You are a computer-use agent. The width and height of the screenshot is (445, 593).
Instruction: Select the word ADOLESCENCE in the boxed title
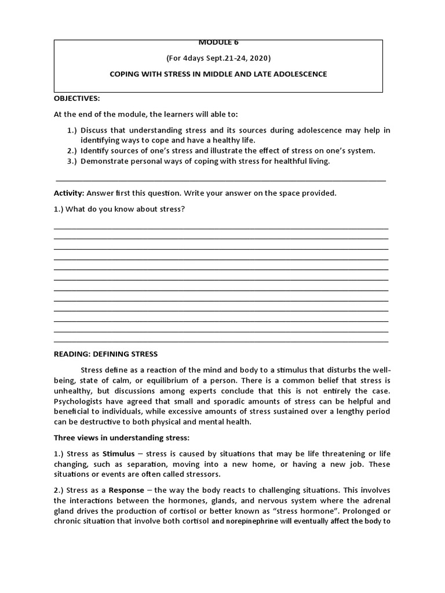tap(297, 74)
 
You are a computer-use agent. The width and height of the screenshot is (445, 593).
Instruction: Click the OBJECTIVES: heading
tap(77, 98)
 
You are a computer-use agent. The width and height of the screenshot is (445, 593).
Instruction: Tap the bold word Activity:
tap(70, 193)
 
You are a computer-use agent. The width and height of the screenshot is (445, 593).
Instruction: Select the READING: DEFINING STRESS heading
tap(105, 354)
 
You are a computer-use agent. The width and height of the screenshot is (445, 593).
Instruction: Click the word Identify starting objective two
tap(96, 151)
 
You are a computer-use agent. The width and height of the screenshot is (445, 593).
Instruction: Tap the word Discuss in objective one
tap(95, 130)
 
